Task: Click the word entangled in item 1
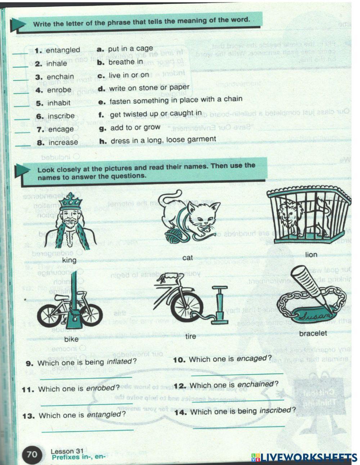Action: (63, 50)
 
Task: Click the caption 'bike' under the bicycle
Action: (71, 339)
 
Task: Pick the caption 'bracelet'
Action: (313, 333)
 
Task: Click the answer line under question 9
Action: (86, 377)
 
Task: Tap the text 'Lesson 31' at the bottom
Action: (67, 451)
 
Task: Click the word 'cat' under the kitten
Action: (188, 258)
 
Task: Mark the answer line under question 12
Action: (238, 400)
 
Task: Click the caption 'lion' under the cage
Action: (311, 255)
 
